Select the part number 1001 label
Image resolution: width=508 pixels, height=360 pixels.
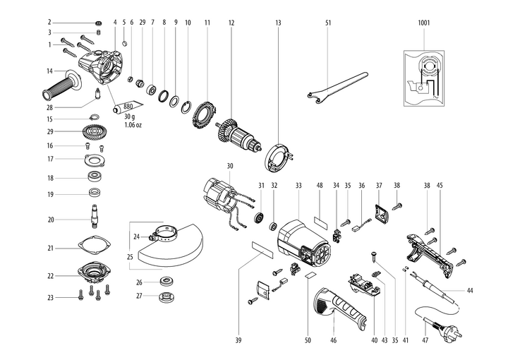tap(423, 23)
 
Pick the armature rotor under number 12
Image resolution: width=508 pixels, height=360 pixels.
tap(241, 133)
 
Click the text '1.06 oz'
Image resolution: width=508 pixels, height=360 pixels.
tap(134, 125)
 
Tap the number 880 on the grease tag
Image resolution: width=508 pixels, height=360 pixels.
tap(128, 107)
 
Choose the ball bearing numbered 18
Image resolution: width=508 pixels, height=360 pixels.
tap(92, 176)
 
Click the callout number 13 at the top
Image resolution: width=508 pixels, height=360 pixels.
tap(278, 23)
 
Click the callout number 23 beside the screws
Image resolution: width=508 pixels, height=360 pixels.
tap(50, 298)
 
